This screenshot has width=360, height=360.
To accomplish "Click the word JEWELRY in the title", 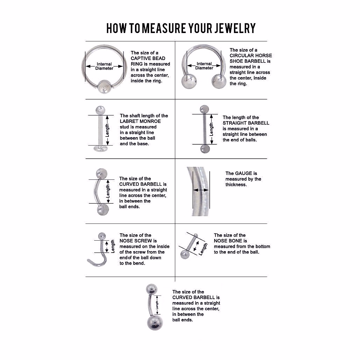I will click(235, 28).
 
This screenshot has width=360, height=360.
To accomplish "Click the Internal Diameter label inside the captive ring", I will click(104, 66).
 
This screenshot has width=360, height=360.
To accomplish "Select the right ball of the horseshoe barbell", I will click(219, 81).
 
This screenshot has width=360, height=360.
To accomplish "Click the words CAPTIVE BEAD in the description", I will click(148, 58).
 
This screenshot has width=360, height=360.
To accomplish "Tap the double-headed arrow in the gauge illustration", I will click(201, 190).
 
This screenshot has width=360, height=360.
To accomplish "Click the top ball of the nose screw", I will click(102, 236).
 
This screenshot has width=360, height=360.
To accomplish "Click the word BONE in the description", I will click(237, 241).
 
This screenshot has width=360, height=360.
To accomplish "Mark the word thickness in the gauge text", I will click(236, 184).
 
